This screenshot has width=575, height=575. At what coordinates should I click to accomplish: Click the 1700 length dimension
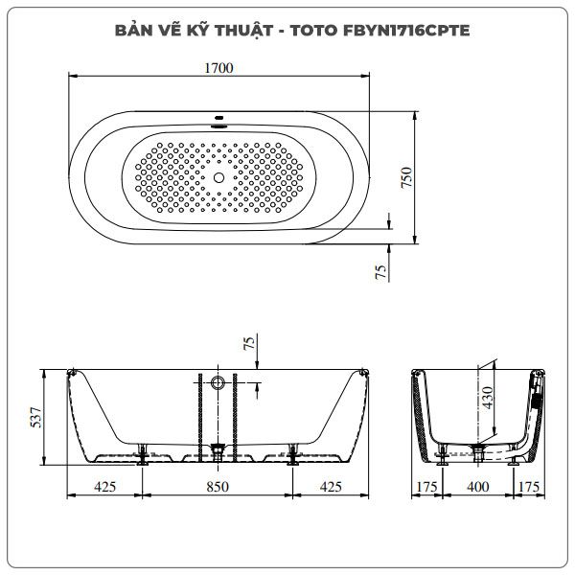click(218, 68)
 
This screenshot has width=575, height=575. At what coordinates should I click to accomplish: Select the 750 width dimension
click(406, 177)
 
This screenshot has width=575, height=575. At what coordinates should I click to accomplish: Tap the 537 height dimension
click(36, 417)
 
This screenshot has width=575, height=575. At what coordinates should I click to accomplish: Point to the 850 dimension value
click(218, 487)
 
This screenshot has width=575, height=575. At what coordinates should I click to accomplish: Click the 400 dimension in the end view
click(478, 487)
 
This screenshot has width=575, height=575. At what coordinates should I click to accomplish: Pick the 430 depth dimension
click(488, 398)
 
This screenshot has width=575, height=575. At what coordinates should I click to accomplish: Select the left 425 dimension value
click(104, 487)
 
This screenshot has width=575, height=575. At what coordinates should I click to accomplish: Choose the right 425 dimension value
click(331, 487)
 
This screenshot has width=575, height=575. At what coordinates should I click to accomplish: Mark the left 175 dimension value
click(427, 487)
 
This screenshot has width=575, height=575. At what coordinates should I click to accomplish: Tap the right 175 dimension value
click(529, 487)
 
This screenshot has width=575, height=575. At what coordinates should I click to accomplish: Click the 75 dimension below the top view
click(381, 272)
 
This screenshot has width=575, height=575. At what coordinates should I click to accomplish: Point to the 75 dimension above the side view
click(249, 343)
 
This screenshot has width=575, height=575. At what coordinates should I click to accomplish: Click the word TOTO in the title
click(314, 31)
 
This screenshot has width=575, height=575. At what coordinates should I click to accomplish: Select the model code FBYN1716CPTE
click(406, 31)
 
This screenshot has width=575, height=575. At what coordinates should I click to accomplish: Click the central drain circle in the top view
click(218, 178)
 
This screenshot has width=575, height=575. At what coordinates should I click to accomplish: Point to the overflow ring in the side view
click(218, 382)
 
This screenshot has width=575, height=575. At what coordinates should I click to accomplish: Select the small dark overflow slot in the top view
click(218, 118)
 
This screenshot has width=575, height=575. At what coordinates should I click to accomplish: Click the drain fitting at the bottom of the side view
click(218, 452)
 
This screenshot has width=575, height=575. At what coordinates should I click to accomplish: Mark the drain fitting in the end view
click(478, 453)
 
